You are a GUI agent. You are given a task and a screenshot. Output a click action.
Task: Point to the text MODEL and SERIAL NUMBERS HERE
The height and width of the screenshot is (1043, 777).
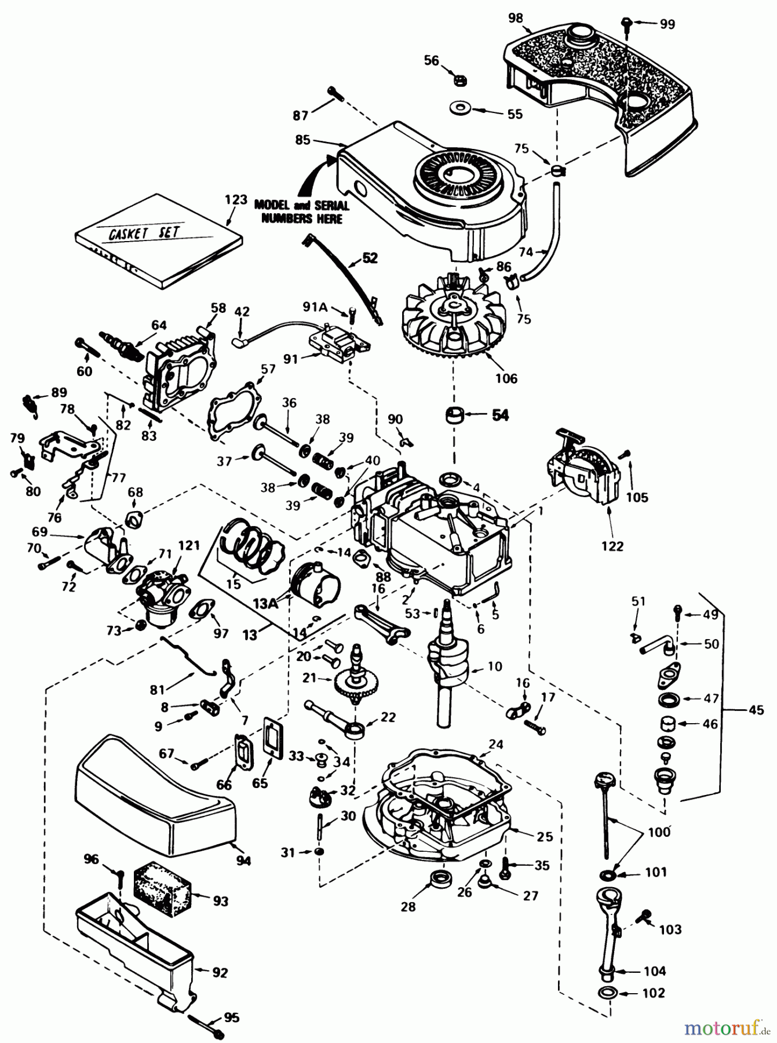point(301,211)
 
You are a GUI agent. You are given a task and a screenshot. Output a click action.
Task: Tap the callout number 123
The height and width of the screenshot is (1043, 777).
point(236,199)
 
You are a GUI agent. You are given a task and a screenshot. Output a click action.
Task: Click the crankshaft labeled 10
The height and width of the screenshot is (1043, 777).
point(447,666)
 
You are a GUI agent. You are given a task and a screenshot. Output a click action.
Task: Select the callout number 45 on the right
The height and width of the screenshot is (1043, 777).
point(756,710)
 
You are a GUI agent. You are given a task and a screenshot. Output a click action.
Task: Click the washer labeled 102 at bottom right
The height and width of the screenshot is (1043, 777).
point(608,993)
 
